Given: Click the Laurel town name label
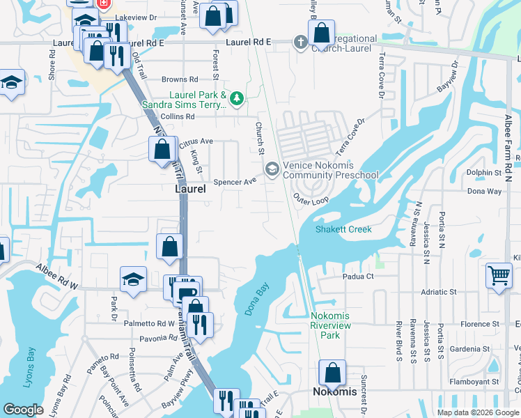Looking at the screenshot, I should tap(189, 189).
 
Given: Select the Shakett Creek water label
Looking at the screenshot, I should tap(343, 229).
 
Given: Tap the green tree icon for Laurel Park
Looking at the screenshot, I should tap(237, 98).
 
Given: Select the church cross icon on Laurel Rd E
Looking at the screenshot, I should tap(300, 42).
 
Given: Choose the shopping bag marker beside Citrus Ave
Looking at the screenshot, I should tap(162, 148).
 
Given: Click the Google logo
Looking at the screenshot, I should tap(24, 410).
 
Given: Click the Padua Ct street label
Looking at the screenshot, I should tap(358, 277).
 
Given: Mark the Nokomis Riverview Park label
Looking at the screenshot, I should tap(330, 325).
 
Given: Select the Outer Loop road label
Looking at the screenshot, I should tap(311, 199).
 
